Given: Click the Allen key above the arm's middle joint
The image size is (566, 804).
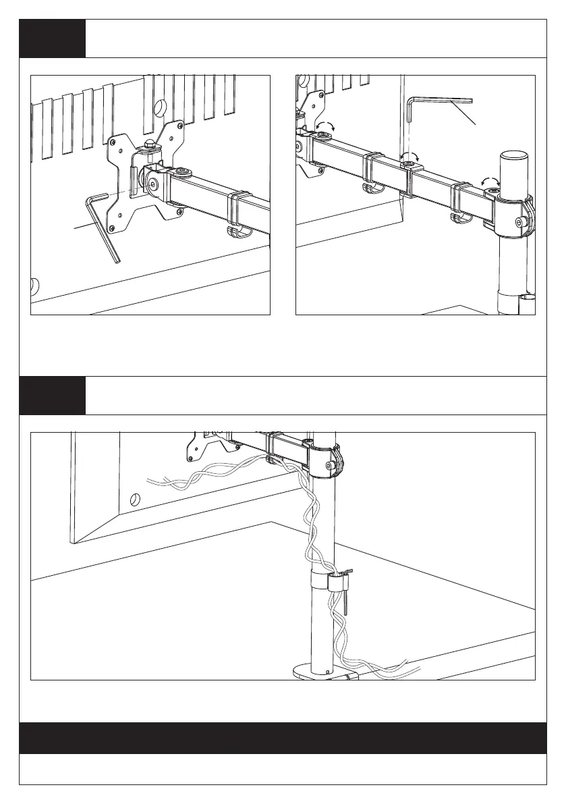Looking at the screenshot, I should coord(432,101).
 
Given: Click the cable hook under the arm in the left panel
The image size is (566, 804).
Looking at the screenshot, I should coord(236,232).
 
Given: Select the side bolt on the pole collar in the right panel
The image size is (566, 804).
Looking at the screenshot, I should coord(519,221).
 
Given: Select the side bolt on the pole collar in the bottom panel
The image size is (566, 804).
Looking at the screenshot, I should coord(329,465).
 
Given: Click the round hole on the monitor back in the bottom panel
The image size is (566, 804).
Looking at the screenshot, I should coord(134,500).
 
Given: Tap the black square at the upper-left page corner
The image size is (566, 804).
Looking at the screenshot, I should coord(52,38).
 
